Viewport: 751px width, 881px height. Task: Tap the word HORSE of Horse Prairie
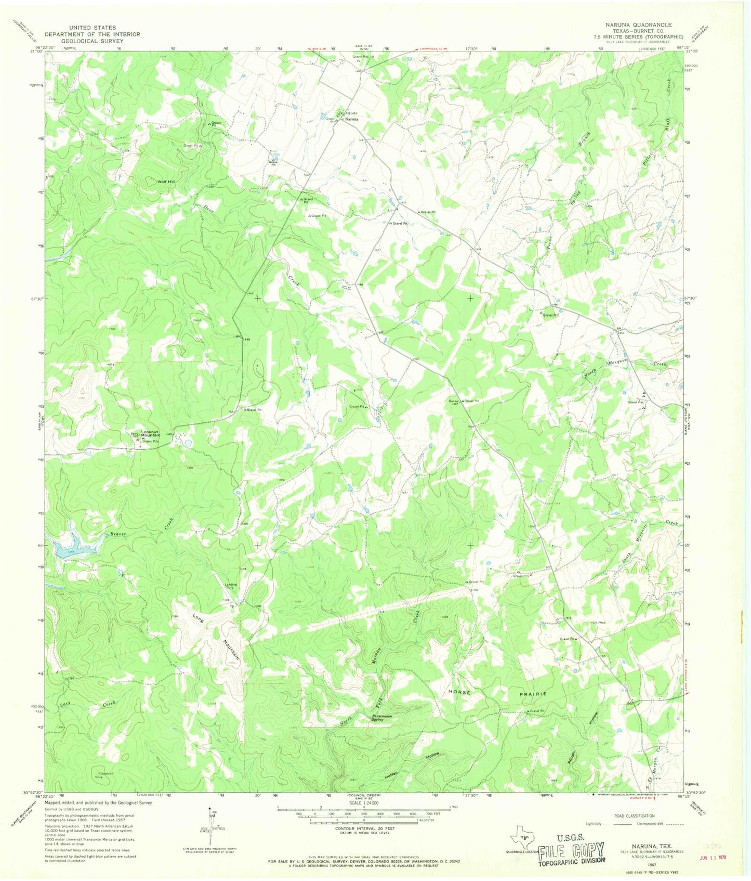click(x=459, y=693)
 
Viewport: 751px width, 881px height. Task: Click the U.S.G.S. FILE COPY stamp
click(x=571, y=849)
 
